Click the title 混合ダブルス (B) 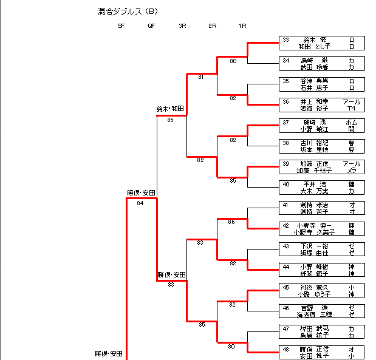click(128, 11)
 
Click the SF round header click(121, 26)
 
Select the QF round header click(151, 26)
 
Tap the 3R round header click(182, 26)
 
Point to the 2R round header click(212, 26)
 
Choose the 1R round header click(242, 26)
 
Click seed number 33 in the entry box click(285, 39)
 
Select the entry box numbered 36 click(321, 104)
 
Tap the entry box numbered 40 click(321, 187)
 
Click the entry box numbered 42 click(321, 228)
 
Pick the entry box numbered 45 click(321, 290)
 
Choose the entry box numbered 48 click(321, 352)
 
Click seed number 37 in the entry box click(285, 122)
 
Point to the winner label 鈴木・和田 click(170, 109)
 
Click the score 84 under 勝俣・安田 click(140, 203)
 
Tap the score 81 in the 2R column click(201, 77)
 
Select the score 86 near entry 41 click(231, 222)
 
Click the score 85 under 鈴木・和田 click(171, 120)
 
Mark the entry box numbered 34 click(321, 63)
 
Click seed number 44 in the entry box click(285, 267)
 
